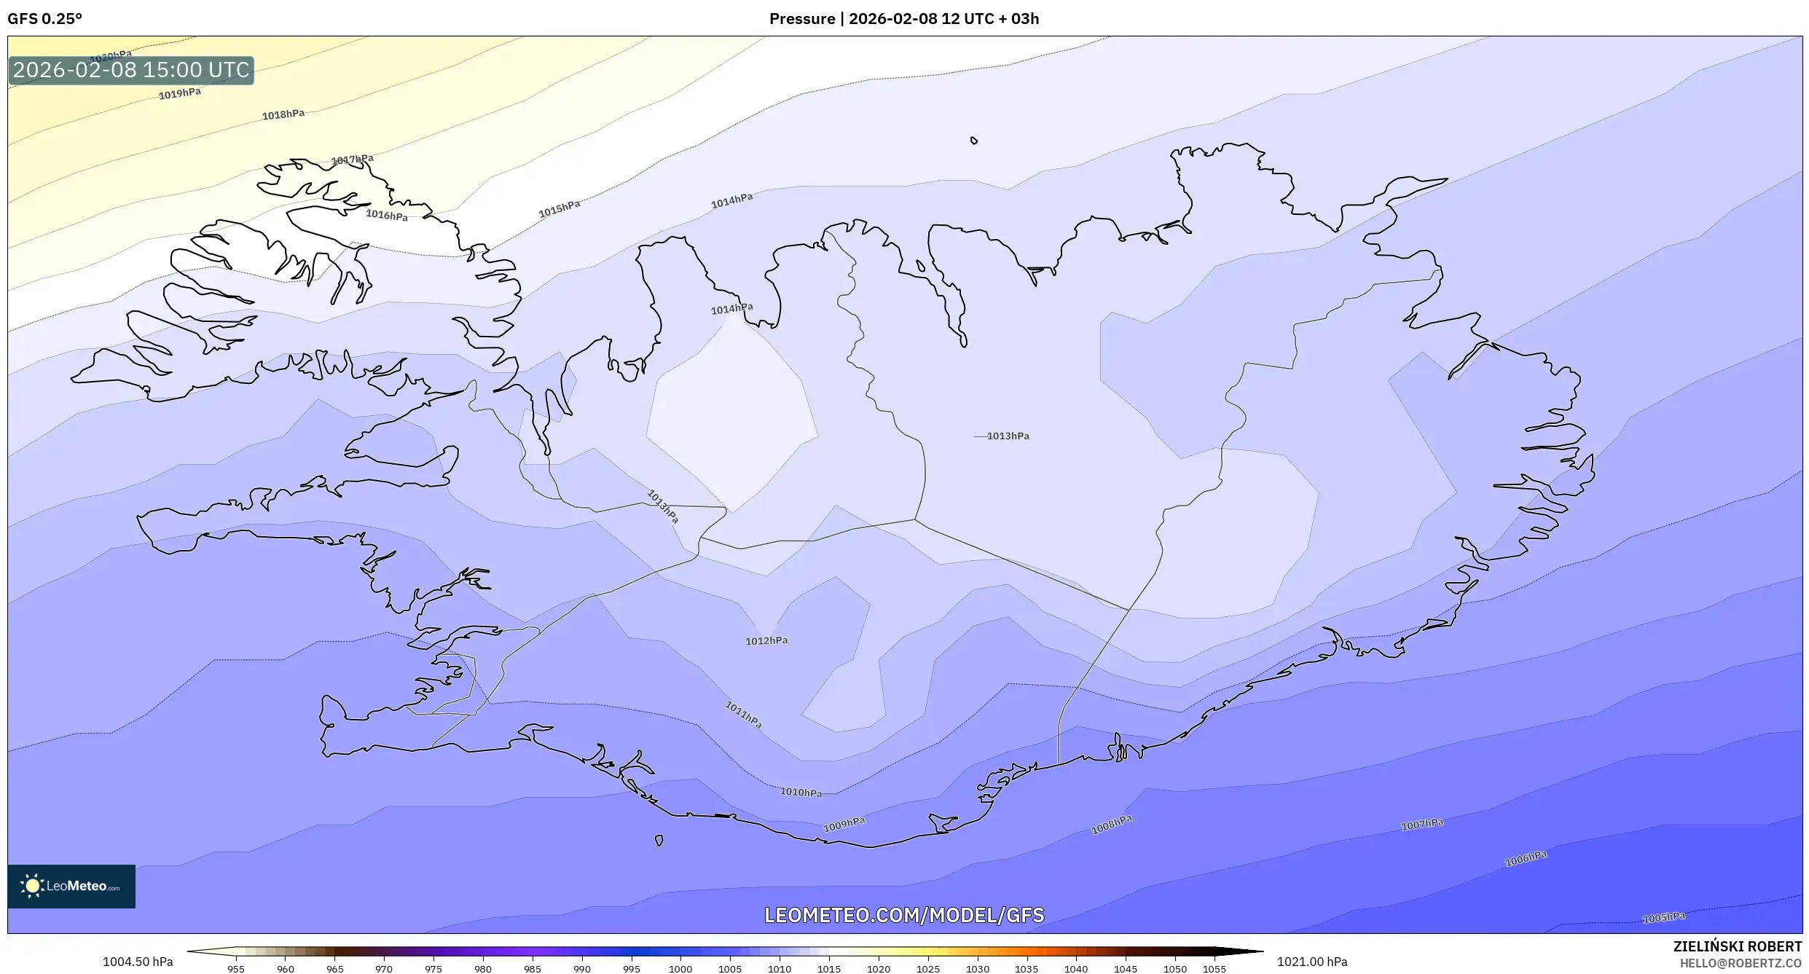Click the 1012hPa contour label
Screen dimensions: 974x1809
tap(766, 641)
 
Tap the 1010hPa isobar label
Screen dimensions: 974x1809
tap(801, 792)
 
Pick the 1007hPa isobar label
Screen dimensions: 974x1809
tap(1421, 825)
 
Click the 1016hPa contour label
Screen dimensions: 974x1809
tap(386, 215)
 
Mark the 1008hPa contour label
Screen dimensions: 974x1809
tap(1111, 825)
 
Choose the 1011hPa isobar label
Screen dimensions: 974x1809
tap(743, 715)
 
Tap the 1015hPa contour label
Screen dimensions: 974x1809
tap(559, 209)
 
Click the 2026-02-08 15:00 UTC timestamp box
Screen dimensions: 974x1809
tap(131, 71)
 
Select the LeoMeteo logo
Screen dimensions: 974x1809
tap(71, 886)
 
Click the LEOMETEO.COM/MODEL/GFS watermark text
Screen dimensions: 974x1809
tap(903, 915)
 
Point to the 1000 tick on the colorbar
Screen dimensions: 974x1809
tap(680, 969)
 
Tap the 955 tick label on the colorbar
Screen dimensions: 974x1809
tap(235, 969)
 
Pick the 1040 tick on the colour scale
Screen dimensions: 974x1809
tap(1075, 969)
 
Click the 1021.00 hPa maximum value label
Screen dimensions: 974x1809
tap(1311, 962)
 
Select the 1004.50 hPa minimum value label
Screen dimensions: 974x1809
tap(138, 962)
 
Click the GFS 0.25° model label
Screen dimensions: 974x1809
tap(45, 19)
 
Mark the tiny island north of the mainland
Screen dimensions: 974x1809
tap(973, 141)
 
